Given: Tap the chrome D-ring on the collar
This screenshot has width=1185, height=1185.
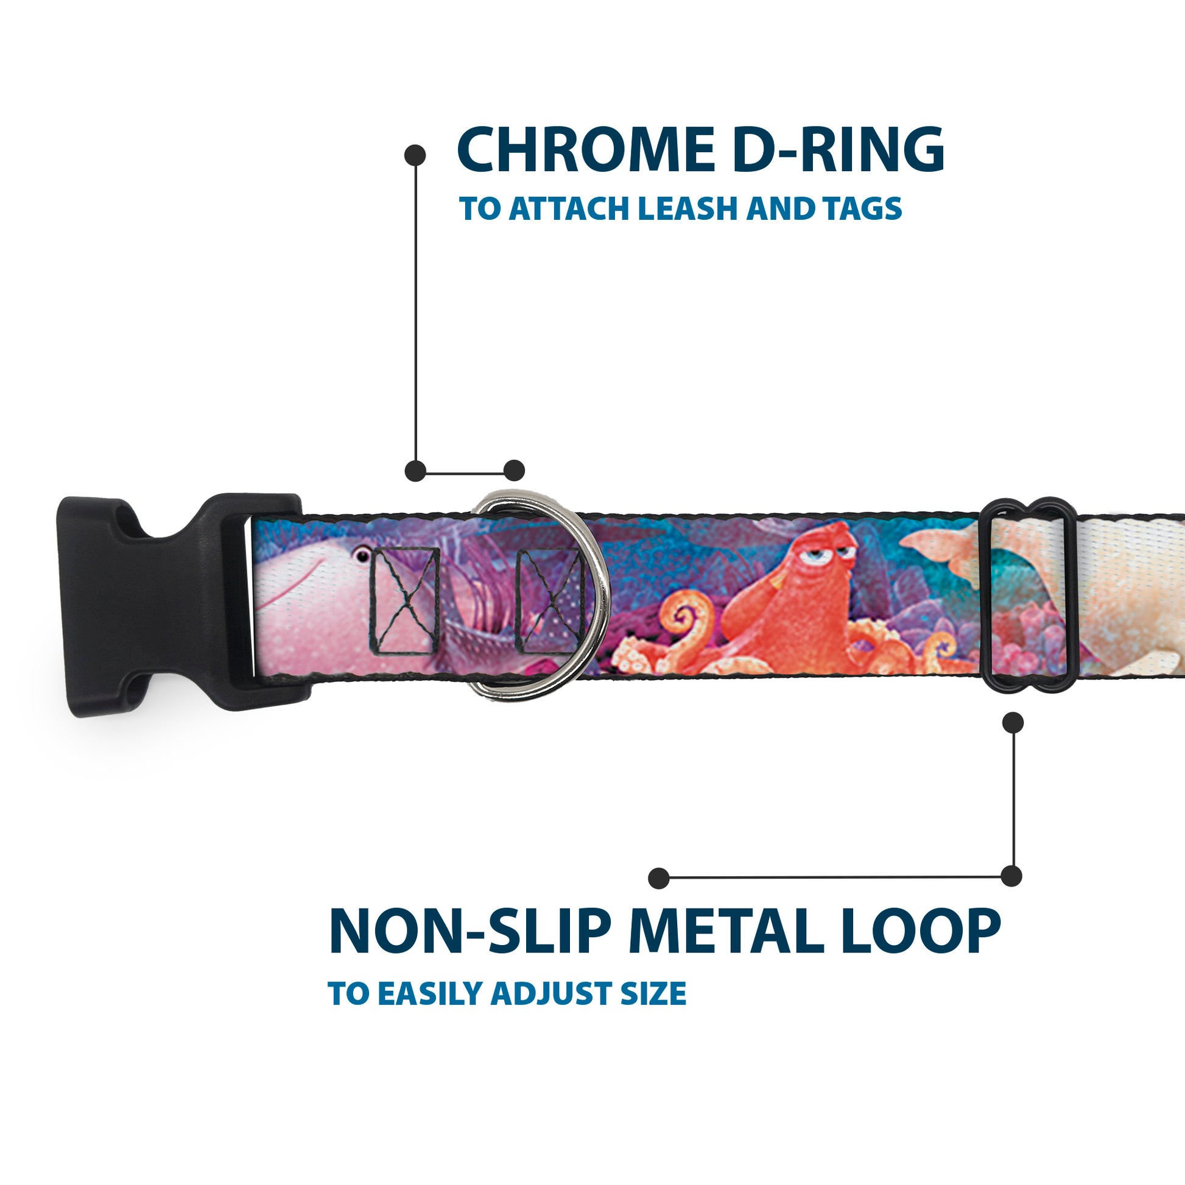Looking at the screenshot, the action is pyautogui.click(x=540, y=595).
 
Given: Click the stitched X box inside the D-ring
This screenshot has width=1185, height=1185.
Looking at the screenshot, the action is pyautogui.click(x=549, y=601).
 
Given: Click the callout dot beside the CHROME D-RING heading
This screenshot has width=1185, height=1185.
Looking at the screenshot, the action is pyautogui.click(x=415, y=155).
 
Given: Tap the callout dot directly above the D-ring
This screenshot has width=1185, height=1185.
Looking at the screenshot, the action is pyautogui.click(x=514, y=471).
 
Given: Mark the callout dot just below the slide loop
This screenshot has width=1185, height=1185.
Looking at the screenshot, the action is pyautogui.click(x=1013, y=723).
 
